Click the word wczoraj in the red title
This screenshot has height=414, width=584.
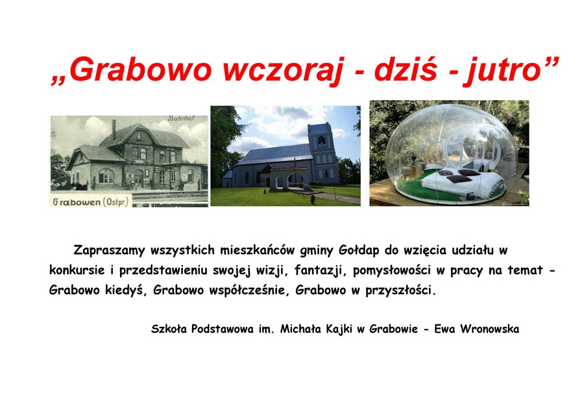pyautogui.click(x=284, y=70)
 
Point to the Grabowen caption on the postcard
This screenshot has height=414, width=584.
pyautogui.click(x=77, y=202)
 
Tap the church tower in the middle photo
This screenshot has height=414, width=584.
pyautogui.click(x=322, y=153)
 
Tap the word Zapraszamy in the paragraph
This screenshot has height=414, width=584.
pyautogui.click(x=108, y=250)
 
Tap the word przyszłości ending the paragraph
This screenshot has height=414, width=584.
pyautogui.click(x=400, y=291)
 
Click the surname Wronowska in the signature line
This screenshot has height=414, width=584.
pyautogui.click(x=489, y=329)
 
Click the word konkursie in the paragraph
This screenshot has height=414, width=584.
pyautogui.click(x=77, y=270)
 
